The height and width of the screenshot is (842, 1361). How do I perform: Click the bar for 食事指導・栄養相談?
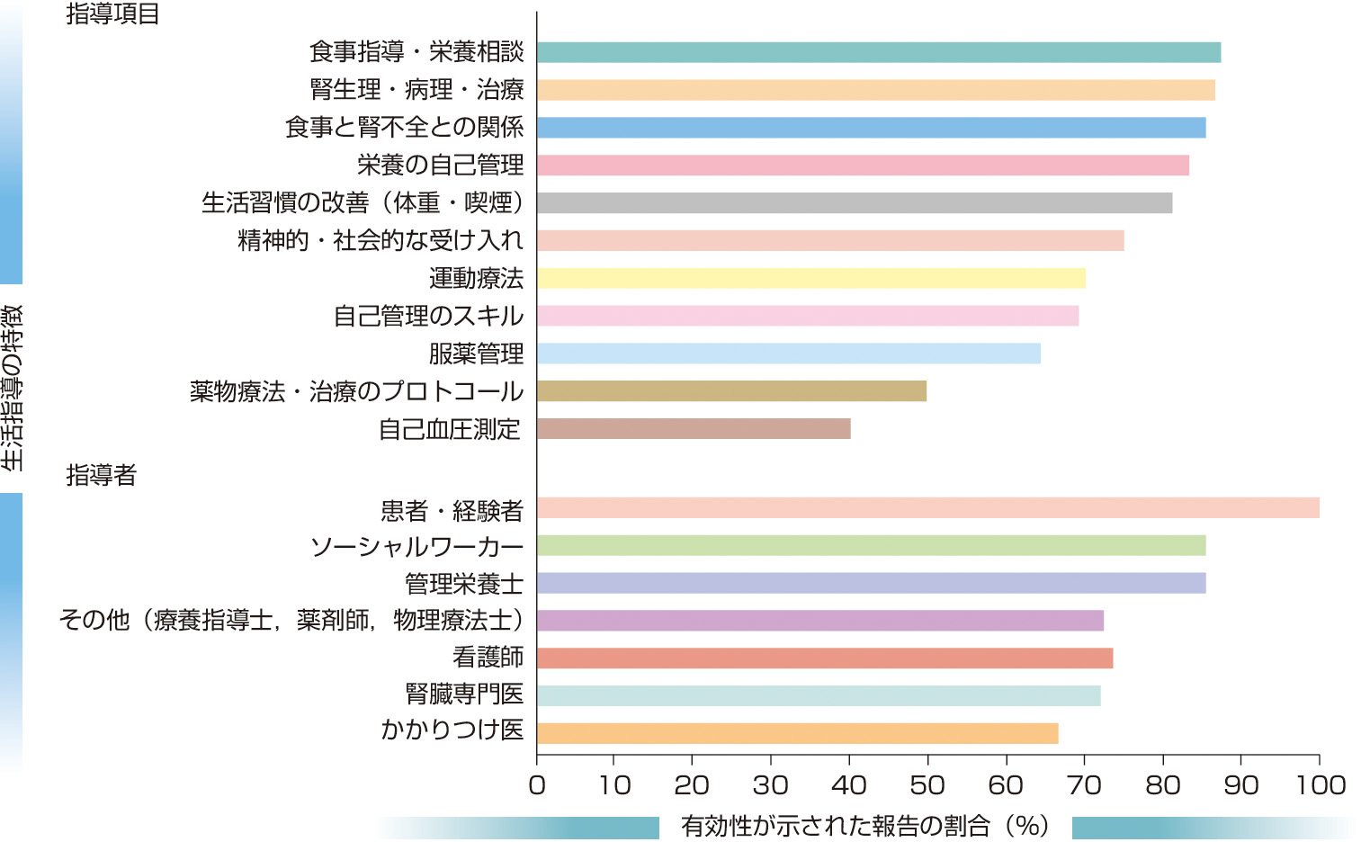(878, 52)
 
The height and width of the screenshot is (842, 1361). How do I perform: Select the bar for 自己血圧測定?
(694, 429)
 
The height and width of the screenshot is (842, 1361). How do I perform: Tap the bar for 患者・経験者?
(927, 507)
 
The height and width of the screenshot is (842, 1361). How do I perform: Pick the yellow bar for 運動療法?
(810, 278)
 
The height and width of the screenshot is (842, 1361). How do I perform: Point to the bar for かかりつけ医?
(797, 733)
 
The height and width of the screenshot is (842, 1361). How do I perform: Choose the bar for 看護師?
(824, 658)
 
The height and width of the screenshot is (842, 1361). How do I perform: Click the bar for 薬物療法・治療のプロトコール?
(731, 391)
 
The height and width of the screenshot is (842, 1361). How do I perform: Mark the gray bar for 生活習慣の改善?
(854, 203)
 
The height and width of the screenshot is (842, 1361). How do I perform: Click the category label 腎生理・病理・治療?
(416, 90)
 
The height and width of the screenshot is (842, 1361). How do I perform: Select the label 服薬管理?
(476, 354)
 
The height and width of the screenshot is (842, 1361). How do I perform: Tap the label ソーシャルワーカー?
(416, 547)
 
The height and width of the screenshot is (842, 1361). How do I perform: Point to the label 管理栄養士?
(463, 584)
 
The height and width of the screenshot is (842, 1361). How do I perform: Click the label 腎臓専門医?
(464, 694)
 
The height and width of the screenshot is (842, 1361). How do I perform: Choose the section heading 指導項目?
(112, 14)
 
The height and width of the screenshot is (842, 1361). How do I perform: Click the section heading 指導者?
(101, 475)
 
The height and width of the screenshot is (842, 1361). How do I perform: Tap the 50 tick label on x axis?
(927, 785)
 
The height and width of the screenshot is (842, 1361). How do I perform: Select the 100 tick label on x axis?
(1320, 785)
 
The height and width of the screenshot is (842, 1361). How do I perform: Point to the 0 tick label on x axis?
(537, 785)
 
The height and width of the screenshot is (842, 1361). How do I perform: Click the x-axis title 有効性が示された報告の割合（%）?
(864, 825)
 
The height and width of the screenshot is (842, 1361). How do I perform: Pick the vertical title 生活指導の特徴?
(13, 388)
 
